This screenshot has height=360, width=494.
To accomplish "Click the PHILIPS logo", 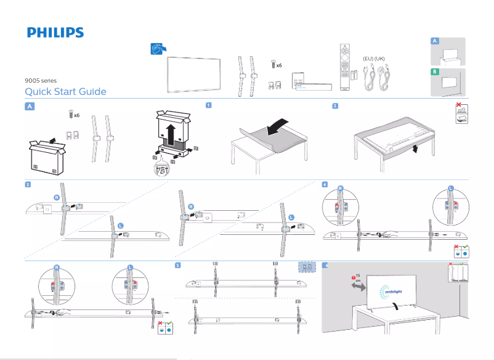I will (55, 33).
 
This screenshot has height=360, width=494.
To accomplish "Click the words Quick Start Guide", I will (65, 92).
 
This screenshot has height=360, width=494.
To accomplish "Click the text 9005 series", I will (40, 80).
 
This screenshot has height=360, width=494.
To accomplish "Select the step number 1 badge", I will (209, 105).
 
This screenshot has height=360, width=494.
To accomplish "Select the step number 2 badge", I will (334, 105).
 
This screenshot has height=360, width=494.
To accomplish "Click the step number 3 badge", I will (28, 184).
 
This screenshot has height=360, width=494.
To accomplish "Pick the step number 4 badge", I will (325, 184).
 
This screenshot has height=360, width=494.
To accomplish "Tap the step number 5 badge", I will (178, 265).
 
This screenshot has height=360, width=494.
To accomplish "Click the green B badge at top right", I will (435, 72).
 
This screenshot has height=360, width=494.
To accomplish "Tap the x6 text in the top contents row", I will (278, 65).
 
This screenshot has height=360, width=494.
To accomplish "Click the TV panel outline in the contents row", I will (195, 74).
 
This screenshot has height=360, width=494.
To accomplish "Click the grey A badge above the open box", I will (29, 106).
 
